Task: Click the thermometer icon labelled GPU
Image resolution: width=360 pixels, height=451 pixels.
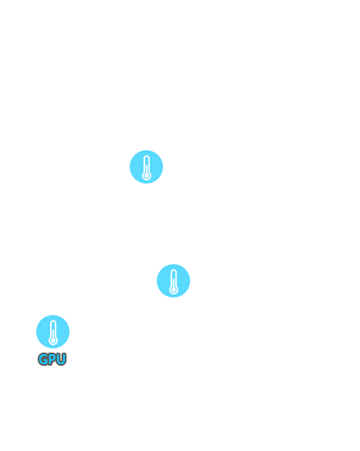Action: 53,331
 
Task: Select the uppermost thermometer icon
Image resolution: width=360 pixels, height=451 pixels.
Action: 146,166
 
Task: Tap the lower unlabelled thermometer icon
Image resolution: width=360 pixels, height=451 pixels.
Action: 173,280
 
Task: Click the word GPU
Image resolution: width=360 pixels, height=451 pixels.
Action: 52,359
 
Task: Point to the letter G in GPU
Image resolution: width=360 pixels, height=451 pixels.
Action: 43,359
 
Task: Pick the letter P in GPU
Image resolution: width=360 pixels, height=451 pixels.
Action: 52,359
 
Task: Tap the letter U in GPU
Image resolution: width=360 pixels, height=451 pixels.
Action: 62,359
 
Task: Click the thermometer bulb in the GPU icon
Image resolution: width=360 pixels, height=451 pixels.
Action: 53,340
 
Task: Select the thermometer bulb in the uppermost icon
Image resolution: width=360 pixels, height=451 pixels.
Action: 146,175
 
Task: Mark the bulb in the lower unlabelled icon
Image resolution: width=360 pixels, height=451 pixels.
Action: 173,289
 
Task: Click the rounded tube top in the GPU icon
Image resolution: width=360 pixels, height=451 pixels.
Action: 53,321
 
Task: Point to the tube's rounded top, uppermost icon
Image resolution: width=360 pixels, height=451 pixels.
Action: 146,157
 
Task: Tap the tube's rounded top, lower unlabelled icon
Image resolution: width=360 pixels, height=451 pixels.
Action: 173,271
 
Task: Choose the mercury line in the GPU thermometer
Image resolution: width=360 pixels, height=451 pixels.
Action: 53,335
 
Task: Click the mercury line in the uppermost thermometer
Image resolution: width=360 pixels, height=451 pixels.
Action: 146,170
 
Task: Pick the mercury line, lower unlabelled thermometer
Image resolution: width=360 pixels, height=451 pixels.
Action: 173,284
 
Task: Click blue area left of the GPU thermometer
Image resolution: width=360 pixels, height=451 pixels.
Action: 43,331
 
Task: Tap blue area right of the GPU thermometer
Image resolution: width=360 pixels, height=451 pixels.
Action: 62,331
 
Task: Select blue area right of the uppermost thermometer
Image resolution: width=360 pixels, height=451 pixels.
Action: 156,166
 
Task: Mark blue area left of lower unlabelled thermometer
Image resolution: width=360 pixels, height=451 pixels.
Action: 164,280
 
